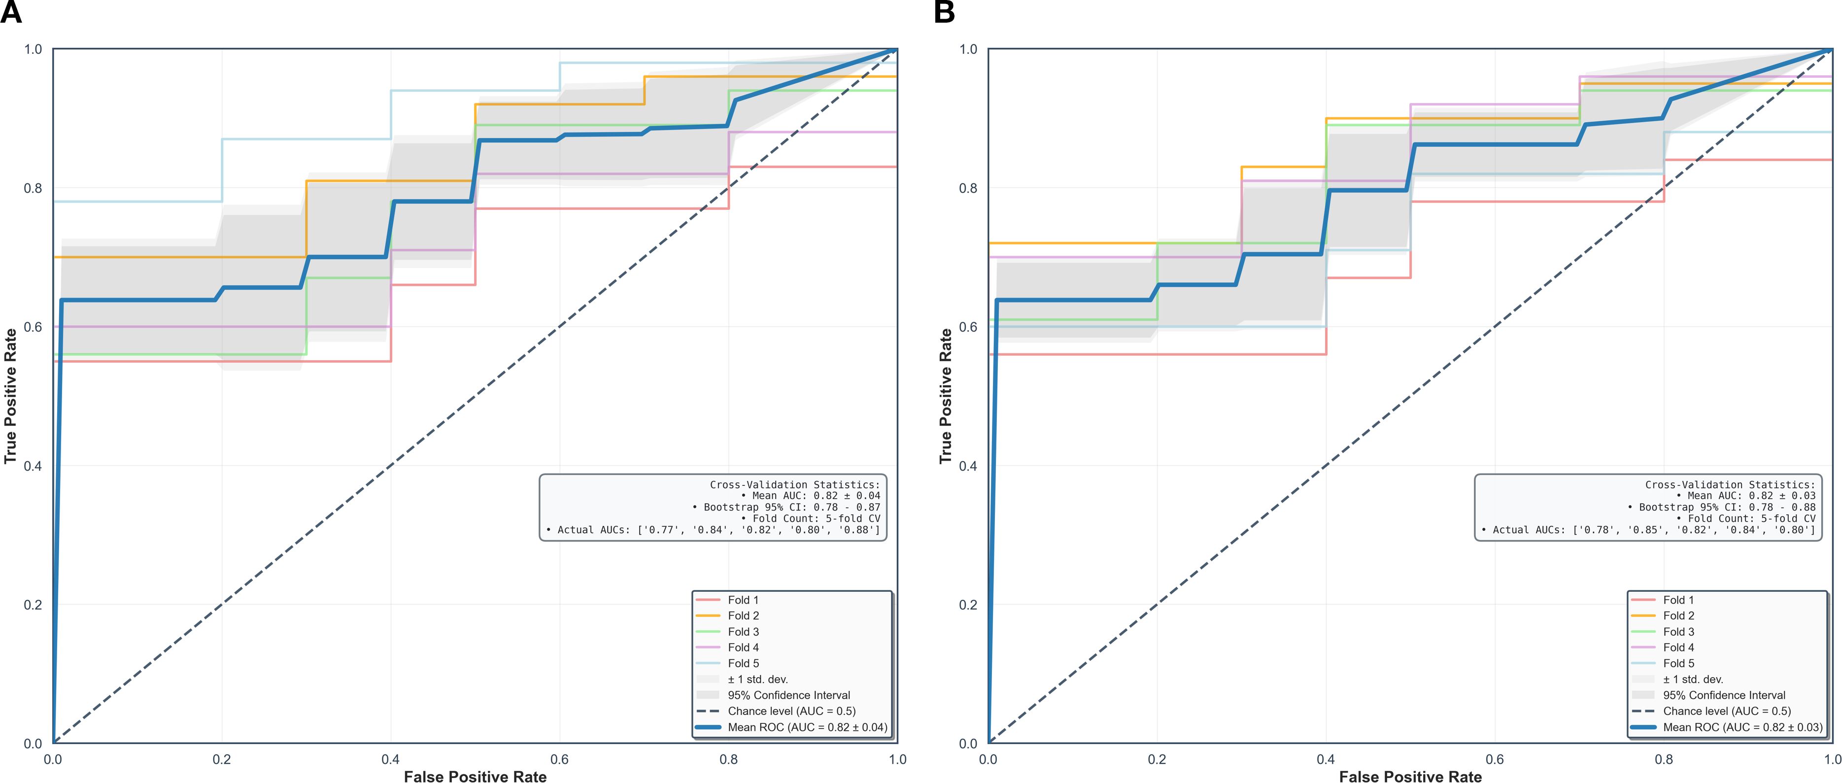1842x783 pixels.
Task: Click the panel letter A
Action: coord(11,12)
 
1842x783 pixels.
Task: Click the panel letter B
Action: coord(945,12)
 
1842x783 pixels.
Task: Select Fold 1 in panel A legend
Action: coord(743,600)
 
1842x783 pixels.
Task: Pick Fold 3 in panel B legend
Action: coord(1678,631)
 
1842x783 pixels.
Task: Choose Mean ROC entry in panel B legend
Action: coord(1742,727)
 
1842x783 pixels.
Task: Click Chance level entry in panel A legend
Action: coord(791,711)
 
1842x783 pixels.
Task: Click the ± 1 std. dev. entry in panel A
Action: coord(757,680)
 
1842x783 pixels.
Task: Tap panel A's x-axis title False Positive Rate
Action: coord(475,777)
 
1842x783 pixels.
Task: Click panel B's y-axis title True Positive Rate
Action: coord(945,396)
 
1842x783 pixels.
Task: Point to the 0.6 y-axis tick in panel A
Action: coord(33,327)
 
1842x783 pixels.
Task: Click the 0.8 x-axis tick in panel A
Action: coord(729,759)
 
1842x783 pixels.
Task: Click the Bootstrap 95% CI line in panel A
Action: coord(786,507)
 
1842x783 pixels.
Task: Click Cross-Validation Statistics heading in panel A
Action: coord(794,484)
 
